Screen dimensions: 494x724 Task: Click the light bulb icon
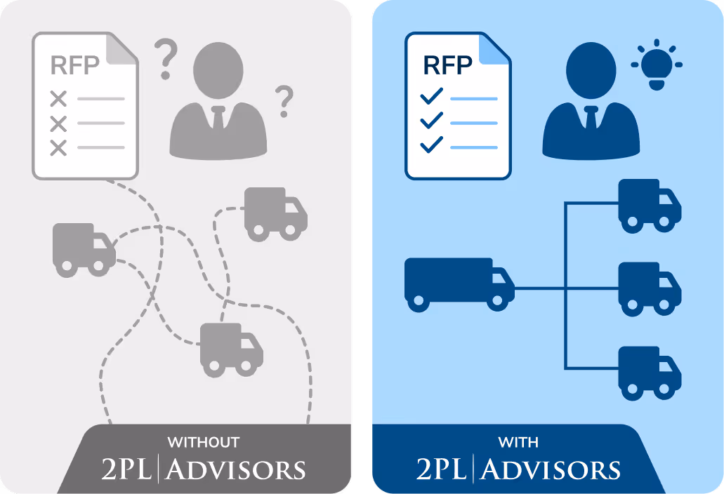[x=657, y=67]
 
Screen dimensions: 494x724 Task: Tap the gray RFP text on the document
[x=74, y=65]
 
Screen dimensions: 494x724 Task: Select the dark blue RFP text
[x=447, y=65]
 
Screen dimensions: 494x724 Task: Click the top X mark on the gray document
[x=58, y=99]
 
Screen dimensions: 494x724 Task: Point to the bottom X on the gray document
[x=58, y=148]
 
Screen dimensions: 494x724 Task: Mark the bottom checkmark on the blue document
[x=430, y=145]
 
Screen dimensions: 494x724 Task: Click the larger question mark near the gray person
[x=165, y=59]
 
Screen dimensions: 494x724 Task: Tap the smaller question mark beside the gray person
[x=284, y=101]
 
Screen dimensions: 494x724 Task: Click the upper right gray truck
[x=275, y=213]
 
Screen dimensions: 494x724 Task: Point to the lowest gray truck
[x=231, y=349]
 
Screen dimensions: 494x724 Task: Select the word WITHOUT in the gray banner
[x=203, y=443]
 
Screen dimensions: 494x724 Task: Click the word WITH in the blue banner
[x=518, y=443]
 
